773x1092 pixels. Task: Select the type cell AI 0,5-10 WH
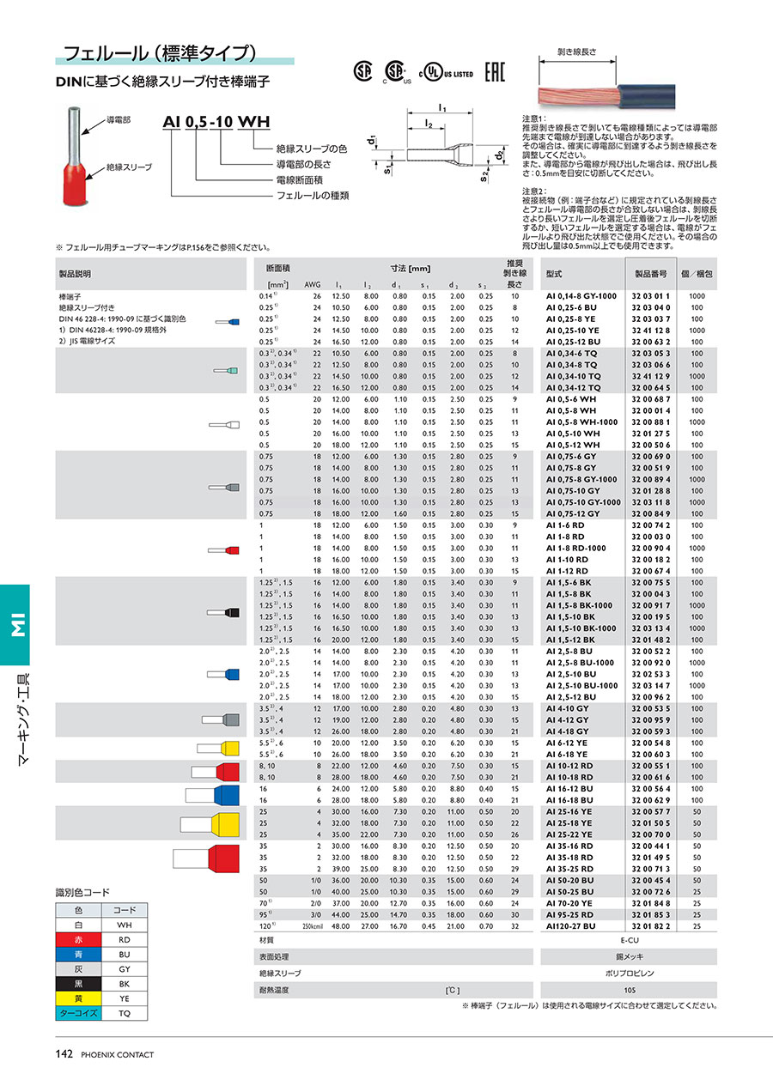click(574, 434)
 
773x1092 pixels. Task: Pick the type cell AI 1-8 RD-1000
click(575, 548)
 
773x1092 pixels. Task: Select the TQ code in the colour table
click(125, 1013)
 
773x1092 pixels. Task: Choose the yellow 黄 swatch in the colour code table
click(78, 998)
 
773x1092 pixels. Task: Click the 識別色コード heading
click(82, 893)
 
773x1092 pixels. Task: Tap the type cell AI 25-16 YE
click(569, 811)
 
